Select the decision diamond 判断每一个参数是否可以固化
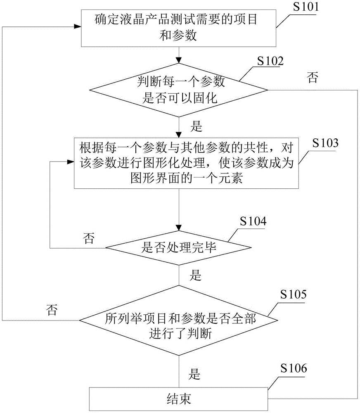tap(179, 90)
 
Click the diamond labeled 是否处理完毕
tap(178, 248)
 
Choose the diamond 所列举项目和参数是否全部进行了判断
tap(179, 320)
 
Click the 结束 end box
tap(178, 399)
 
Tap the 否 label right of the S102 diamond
tap(313, 79)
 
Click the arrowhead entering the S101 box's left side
tap(77, 26)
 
